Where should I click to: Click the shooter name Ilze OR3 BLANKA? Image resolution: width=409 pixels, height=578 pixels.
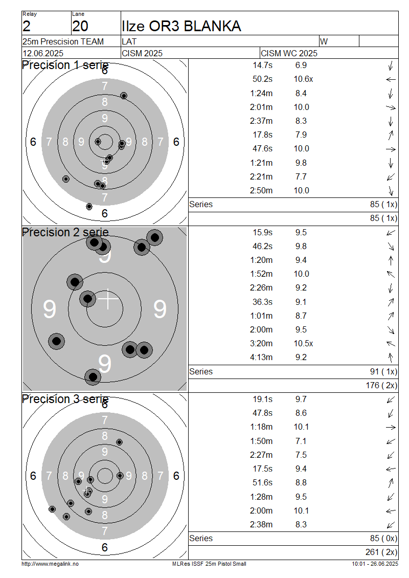[x=181, y=26]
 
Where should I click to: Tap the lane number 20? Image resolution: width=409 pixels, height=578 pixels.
[x=80, y=26]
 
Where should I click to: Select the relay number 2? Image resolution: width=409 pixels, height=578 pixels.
[x=27, y=26]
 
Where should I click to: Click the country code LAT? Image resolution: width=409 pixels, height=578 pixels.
[x=129, y=41]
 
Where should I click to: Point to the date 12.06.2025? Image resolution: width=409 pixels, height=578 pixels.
[x=43, y=53]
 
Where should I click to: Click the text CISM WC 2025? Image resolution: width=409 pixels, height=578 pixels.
[x=289, y=53]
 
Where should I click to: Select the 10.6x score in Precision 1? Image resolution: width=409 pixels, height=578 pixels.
[x=303, y=79]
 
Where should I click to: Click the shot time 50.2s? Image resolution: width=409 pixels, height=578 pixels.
[x=262, y=79]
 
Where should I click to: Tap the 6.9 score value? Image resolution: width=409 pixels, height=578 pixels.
[x=301, y=65]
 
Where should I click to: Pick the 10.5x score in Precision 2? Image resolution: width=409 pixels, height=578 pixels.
[x=303, y=344]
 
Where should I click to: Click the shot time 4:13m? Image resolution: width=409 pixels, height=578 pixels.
[x=261, y=357]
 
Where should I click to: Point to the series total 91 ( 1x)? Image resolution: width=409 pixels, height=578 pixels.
[x=383, y=371]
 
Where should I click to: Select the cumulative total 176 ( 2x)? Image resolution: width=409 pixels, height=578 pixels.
[x=381, y=386]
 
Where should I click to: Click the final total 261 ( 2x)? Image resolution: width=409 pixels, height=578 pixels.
[x=381, y=552]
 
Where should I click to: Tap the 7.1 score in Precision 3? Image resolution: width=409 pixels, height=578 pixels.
[x=301, y=441]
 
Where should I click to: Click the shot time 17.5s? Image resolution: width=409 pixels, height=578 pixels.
[x=262, y=469]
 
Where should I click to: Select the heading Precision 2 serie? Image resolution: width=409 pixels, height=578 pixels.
[x=65, y=233]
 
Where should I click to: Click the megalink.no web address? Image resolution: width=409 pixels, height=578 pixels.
[x=50, y=564]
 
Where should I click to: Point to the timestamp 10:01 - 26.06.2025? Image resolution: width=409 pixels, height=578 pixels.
[x=375, y=564]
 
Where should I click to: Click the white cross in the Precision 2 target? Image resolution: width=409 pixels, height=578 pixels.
[x=107, y=299]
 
